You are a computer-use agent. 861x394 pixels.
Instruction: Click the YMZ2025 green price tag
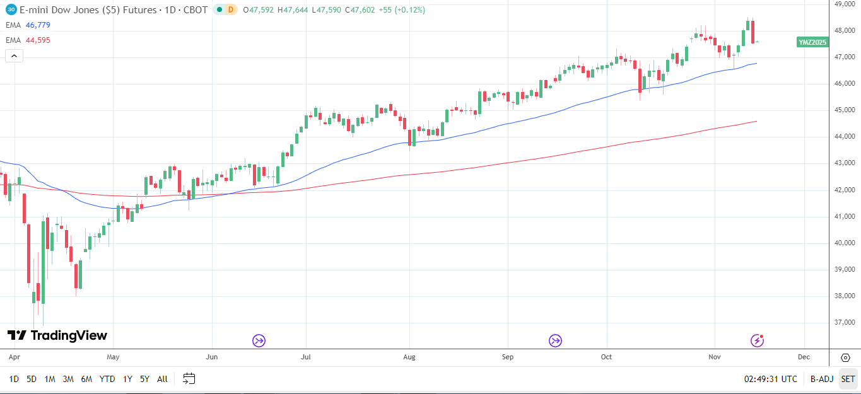(812, 42)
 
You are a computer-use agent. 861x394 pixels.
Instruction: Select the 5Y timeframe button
(144, 379)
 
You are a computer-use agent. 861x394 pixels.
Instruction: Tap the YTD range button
(107, 379)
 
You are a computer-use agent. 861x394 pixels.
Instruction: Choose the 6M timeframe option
(86, 379)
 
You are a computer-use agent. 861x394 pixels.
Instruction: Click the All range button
(162, 379)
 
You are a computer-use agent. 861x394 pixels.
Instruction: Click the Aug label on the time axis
(409, 357)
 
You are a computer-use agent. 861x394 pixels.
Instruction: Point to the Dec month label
(804, 357)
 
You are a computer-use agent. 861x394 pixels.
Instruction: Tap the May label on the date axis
(113, 357)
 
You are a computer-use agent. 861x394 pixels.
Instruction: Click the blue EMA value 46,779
(38, 25)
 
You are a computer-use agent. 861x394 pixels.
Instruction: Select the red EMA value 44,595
(38, 40)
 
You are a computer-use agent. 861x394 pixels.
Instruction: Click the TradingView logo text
(69, 335)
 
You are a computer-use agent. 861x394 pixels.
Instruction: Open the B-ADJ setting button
(822, 379)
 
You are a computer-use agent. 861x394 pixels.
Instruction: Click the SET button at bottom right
(848, 379)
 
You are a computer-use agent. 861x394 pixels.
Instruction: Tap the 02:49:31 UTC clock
(770, 379)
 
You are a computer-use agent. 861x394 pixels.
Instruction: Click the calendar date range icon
(189, 379)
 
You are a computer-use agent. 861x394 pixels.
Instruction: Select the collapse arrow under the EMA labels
(14, 56)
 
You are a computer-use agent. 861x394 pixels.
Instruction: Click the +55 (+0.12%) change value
(402, 10)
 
